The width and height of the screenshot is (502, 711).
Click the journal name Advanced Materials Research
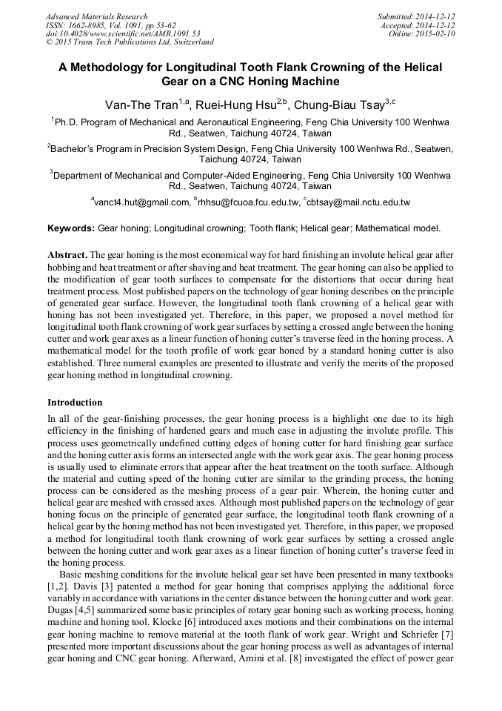click(96, 16)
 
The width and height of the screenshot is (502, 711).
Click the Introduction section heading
click(75, 403)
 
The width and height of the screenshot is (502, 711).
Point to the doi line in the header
click(122, 34)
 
